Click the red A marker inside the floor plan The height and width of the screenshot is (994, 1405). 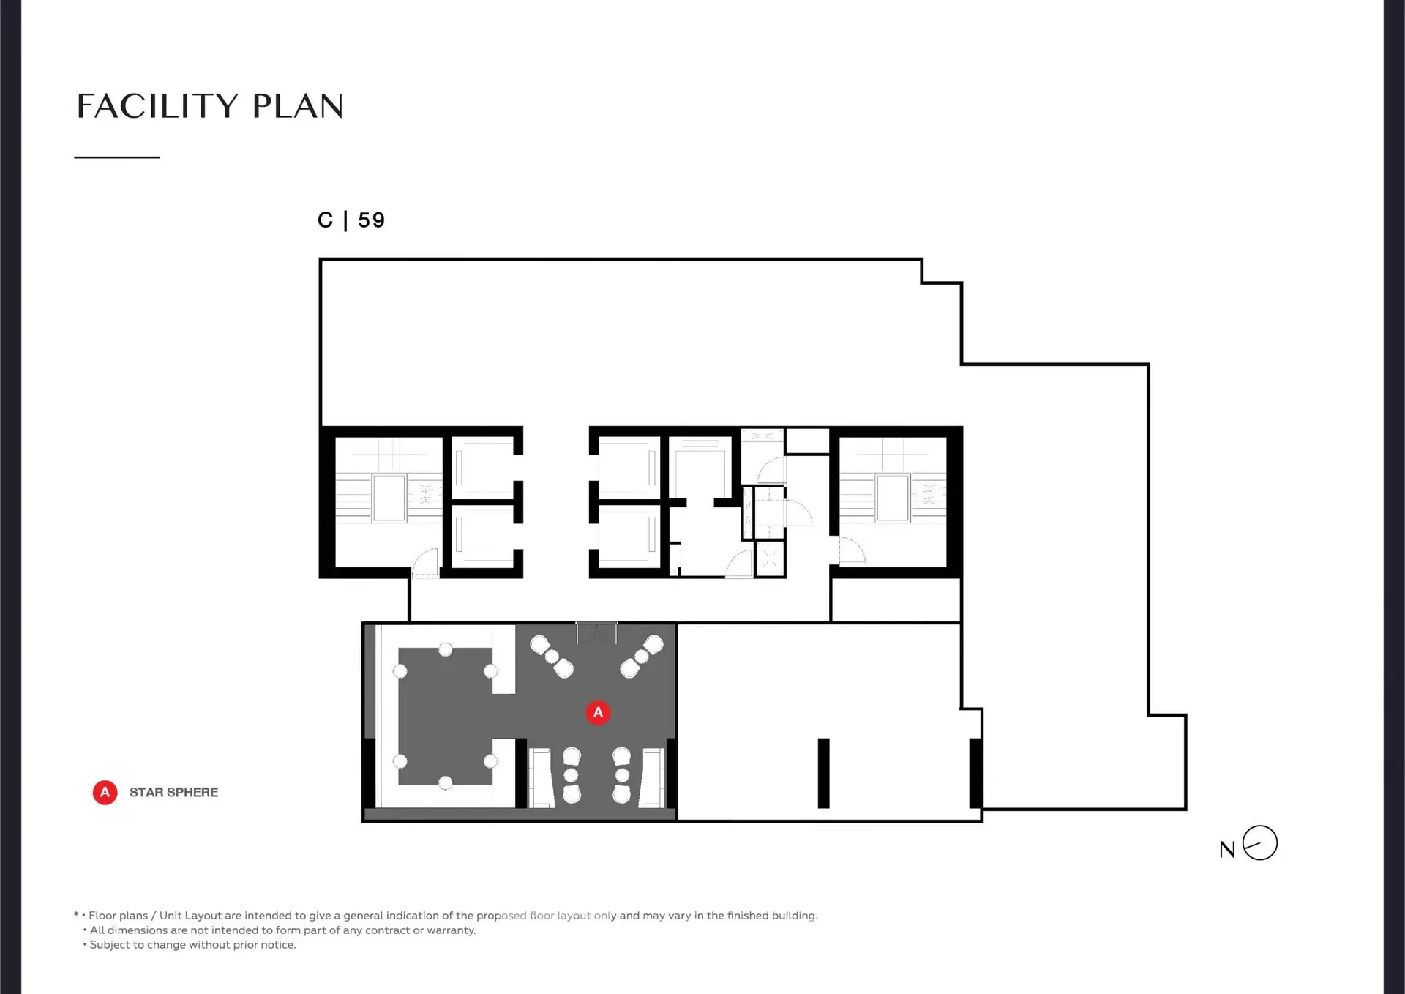point(598,712)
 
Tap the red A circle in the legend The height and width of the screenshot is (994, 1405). point(105,792)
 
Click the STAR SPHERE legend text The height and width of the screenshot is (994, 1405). point(173,792)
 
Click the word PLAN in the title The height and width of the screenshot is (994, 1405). point(298,106)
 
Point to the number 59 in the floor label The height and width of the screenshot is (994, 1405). point(371,220)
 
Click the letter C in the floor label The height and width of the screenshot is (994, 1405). point(325,220)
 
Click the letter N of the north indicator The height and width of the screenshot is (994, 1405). point(1227,850)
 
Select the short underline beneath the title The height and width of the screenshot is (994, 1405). point(117,157)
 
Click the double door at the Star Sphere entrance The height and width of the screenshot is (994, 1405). point(596,632)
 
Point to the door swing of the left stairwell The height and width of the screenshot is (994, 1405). point(425,563)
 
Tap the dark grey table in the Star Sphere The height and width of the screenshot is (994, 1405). point(445,716)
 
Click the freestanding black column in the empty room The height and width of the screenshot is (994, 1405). point(823,773)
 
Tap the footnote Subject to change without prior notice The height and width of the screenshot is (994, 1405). point(190,945)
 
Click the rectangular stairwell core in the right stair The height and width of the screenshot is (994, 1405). point(893,498)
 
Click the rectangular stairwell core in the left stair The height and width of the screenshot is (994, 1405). point(389,498)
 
